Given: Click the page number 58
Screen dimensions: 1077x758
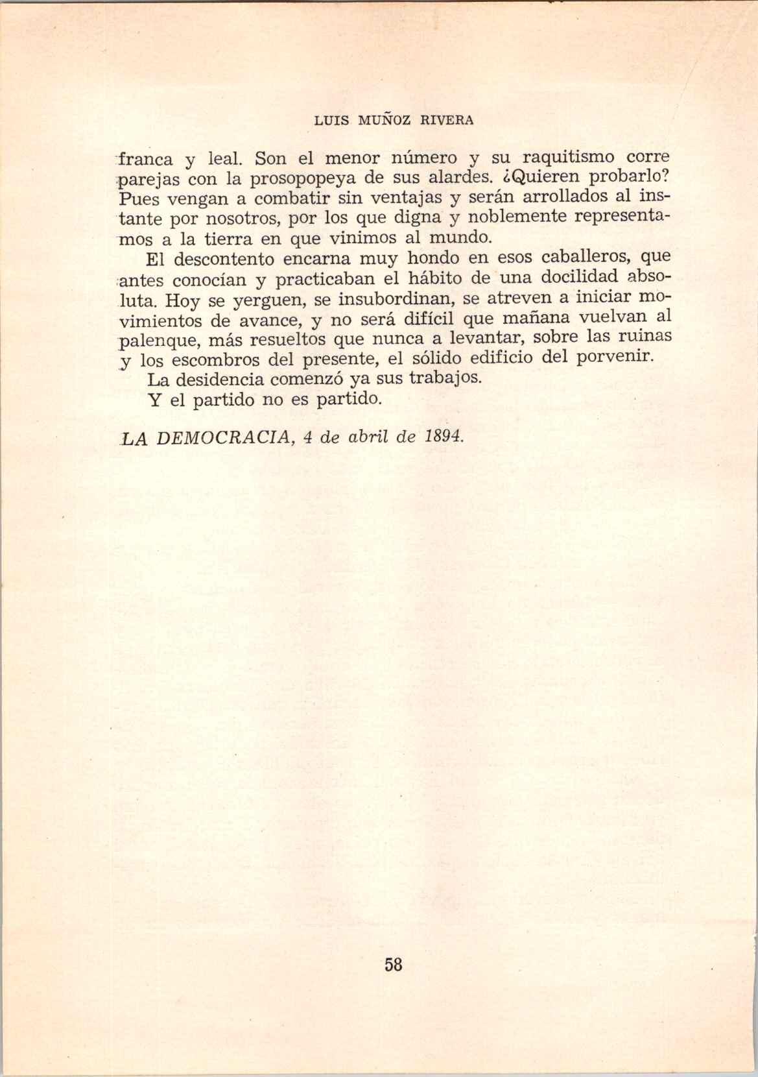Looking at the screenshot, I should click(394, 965).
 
